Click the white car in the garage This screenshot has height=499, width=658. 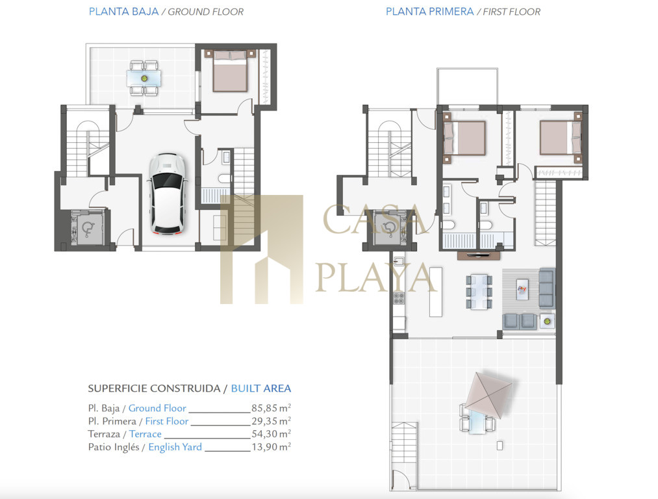(167, 194)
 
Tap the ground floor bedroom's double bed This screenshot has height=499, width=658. (229, 71)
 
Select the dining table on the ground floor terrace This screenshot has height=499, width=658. (144, 78)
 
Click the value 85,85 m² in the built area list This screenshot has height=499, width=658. (271, 407)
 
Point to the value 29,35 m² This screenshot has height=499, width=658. (271, 420)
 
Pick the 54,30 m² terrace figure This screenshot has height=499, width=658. (271, 433)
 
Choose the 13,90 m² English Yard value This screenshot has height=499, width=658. (271, 446)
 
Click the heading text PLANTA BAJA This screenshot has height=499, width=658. (124, 12)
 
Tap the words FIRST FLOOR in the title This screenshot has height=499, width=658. (512, 12)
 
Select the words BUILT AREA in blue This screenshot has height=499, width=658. (261, 388)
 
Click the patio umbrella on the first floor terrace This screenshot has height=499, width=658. (489, 395)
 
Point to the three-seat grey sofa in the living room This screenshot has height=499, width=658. (546, 287)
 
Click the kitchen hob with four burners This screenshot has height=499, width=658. (399, 298)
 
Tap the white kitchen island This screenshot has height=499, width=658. (436, 292)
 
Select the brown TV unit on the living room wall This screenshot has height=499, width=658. (478, 255)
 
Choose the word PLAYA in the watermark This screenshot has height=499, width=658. (375, 277)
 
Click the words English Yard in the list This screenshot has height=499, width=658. (175, 447)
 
